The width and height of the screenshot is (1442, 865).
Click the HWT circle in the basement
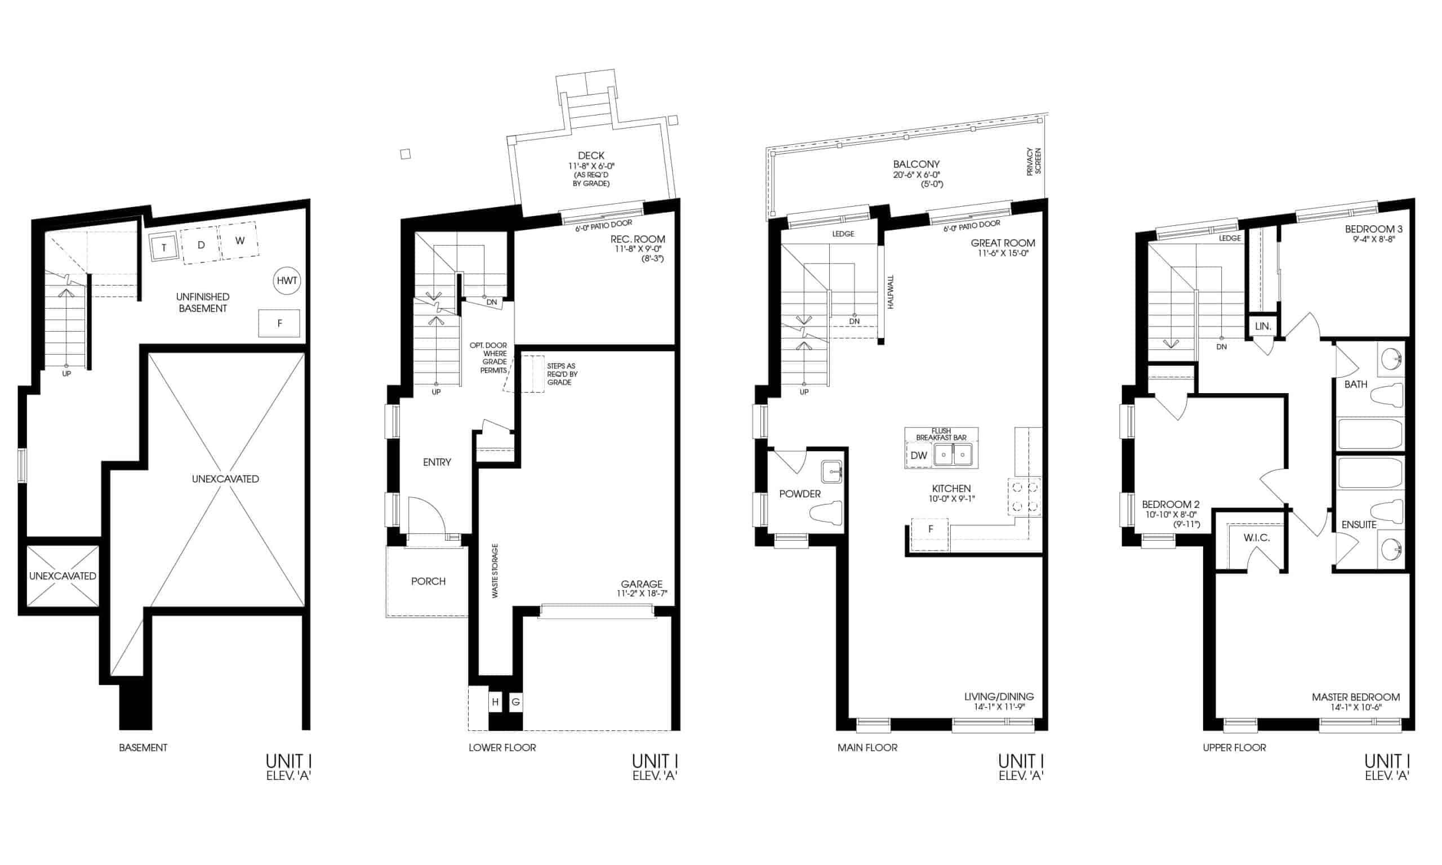pyautogui.click(x=287, y=280)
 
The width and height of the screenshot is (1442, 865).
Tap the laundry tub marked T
pyautogui.click(x=164, y=247)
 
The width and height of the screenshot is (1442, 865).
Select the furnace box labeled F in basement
pyautogui.click(x=279, y=323)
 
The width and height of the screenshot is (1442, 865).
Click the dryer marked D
pyautogui.click(x=201, y=245)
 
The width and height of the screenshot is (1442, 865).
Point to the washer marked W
pyautogui.click(x=239, y=240)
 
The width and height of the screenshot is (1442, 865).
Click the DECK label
pyautogui.click(x=591, y=155)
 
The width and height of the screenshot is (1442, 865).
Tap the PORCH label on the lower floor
pyautogui.click(x=429, y=581)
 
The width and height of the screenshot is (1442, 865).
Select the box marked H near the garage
pyautogui.click(x=496, y=702)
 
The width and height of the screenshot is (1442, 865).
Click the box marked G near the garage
pyautogui.click(x=516, y=702)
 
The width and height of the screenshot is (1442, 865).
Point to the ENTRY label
pyautogui.click(x=437, y=462)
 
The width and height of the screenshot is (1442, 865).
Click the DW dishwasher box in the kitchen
pyautogui.click(x=919, y=456)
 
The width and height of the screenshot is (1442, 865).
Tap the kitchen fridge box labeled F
pyautogui.click(x=930, y=529)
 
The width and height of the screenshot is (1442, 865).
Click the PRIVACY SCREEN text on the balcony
pyautogui.click(x=1034, y=162)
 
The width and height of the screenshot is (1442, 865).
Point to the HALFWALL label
pyautogui.click(x=891, y=292)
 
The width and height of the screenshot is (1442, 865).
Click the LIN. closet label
pyautogui.click(x=1262, y=327)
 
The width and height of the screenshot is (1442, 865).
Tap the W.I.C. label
pyautogui.click(x=1257, y=537)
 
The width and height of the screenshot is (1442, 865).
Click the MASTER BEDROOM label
pyautogui.click(x=1356, y=697)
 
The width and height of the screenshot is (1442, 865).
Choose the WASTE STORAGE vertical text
pyautogui.click(x=495, y=570)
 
